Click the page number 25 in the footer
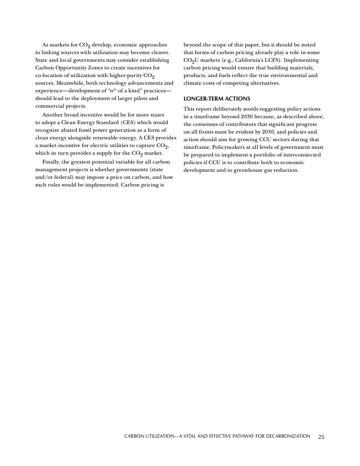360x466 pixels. tap(321, 437)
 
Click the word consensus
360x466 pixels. tap(209, 125)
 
